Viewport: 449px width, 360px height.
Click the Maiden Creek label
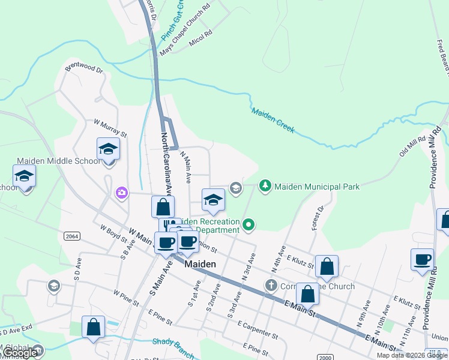coord(273,120)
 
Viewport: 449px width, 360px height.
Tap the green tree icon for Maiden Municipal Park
coord(265,186)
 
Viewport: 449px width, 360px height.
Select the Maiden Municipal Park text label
coord(317,187)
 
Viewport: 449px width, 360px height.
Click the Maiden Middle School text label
coord(58,161)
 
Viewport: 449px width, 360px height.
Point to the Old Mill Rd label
coord(412,146)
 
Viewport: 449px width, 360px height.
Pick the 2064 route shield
coord(71,236)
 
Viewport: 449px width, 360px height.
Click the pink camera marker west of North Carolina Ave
coord(122,193)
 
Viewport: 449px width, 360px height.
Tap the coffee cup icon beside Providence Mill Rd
coord(422,259)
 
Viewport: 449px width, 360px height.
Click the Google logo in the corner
coord(20,353)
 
